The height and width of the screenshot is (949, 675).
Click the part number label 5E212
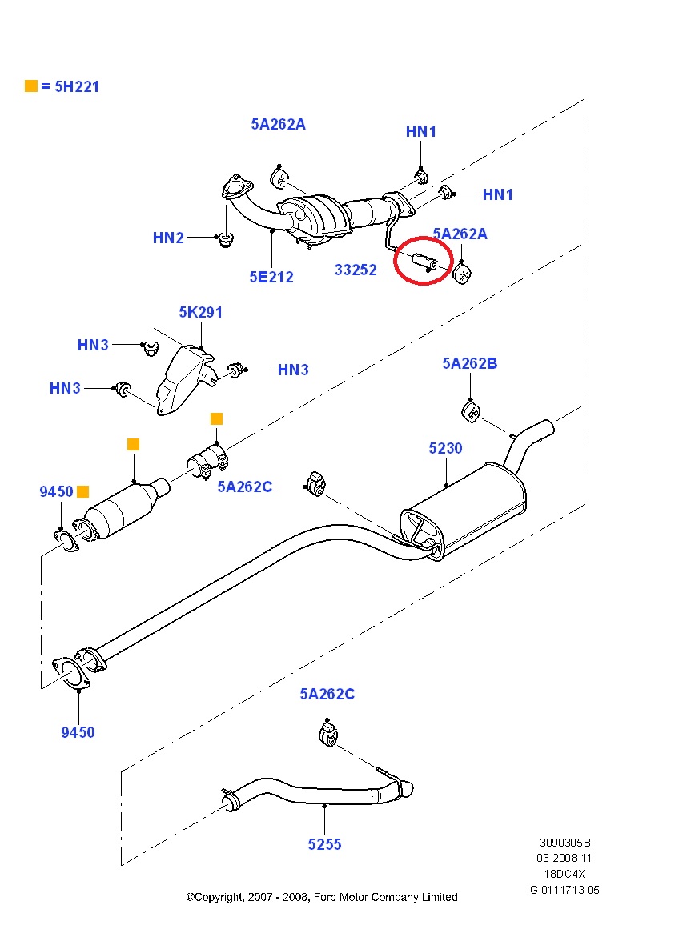point(271,278)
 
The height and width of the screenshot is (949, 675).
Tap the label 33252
point(356,270)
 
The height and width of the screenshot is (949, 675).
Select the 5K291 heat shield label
point(200,313)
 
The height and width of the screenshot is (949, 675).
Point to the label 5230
point(445,449)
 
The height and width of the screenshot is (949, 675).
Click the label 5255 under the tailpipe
point(324,844)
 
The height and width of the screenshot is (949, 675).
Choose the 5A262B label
point(469,364)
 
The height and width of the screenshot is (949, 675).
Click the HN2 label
point(168,238)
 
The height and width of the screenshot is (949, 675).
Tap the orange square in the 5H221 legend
point(31,86)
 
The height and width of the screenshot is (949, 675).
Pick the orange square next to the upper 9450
point(83,491)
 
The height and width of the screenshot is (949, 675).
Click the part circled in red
point(422,262)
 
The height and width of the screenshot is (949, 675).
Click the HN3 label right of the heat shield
point(293,370)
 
